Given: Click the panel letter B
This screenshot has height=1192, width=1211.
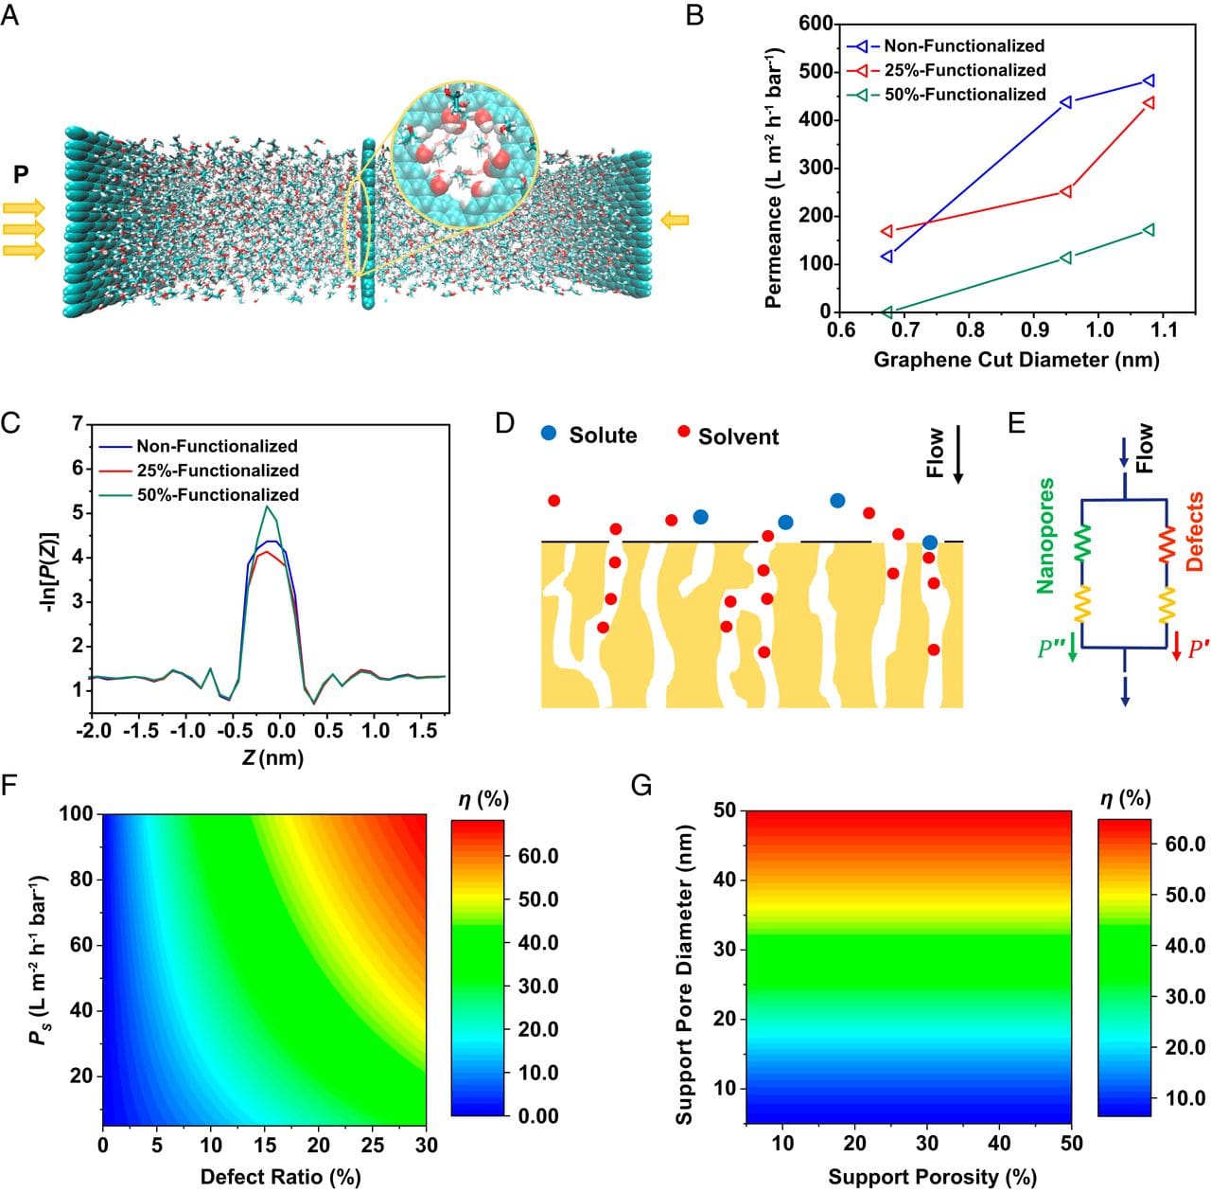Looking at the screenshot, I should tap(694, 15).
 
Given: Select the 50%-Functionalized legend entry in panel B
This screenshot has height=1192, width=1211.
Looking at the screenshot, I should tap(964, 95).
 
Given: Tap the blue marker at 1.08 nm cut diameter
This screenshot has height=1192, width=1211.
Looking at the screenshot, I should tap(1149, 81).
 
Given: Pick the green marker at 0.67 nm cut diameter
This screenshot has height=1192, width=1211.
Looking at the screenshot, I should tap(887, 311).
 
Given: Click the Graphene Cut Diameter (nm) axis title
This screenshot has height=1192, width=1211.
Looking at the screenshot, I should tap(1015, 360).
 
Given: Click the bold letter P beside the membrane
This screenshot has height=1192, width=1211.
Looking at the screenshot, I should tap(21, 173).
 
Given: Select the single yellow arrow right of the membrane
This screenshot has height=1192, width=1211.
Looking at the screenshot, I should tap(675, 221).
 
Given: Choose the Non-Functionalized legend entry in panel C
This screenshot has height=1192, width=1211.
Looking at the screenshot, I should tap(217, 446).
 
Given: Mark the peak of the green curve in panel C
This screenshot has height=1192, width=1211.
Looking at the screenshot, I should tap(269, 507).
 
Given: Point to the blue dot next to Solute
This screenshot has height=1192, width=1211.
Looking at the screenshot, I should tap(549, 434).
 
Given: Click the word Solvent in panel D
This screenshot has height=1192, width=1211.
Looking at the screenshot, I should tap(738, 436).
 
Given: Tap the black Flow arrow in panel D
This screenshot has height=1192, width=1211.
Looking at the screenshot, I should tap(958, 455).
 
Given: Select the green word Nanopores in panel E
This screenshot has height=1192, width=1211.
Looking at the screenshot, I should tap(1045, 536).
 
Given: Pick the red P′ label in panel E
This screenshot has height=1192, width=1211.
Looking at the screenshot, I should tap(1199, 649).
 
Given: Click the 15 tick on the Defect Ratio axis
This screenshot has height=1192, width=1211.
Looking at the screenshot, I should tap(265, 1146).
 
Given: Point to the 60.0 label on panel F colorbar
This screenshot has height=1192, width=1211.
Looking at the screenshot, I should tap(537, 856).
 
